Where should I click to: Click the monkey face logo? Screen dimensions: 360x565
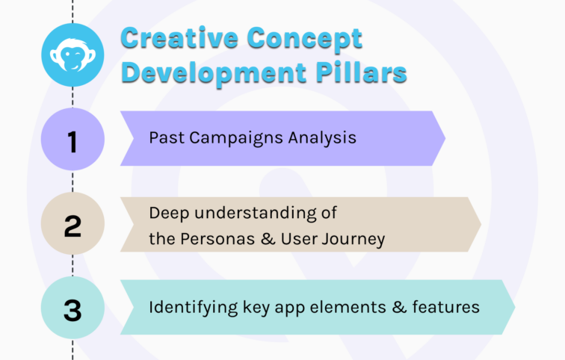(x=72, y=54)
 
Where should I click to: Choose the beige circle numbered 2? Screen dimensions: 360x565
(x=72, y=225)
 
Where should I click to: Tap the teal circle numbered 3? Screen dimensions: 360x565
(x=72, y=308)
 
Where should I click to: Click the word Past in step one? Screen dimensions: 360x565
(x=164, y=138)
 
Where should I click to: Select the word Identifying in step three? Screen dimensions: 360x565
(x=185, y=307)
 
